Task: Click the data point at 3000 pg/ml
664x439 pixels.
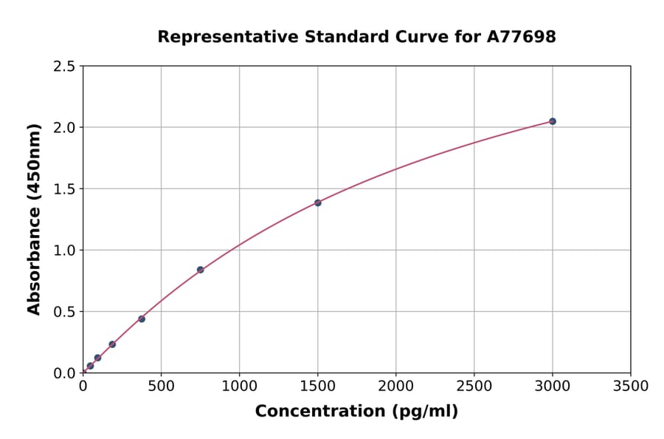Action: point(553,121)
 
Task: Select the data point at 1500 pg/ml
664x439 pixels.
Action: point(318,203)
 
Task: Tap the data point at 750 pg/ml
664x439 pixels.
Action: point(200,270)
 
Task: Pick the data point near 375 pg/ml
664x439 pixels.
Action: point(142,319)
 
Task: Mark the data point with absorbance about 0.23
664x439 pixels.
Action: point(112,344)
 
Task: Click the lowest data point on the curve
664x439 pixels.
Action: point(90,366)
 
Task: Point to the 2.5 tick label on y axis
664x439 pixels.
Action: point(64,67)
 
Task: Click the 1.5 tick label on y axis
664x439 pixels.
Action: point(64,189)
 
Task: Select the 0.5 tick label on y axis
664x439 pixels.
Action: point(64,312)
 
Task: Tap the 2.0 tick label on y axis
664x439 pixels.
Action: point(64,128)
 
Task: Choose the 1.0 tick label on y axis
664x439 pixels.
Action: point(64,251)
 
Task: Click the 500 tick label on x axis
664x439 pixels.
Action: point(161,387)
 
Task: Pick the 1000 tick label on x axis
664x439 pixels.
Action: point(239,387)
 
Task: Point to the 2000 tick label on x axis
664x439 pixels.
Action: point(395,387)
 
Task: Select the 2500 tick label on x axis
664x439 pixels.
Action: point(474,387)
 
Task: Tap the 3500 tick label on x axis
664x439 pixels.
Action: point(630,387)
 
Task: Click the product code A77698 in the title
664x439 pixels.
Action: point(520,36)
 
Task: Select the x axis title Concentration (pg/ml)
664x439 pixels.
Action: point(356,412)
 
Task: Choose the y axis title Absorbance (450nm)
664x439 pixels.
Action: point(34,219)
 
